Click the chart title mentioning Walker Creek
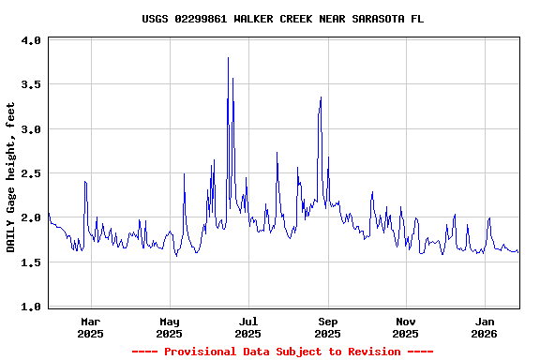(x=277, y=19)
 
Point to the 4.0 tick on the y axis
(x=31, y=41)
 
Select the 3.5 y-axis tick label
(x=31, y=85)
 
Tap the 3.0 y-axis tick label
(x=31, y=129)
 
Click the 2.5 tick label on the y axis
(x=31, y=173)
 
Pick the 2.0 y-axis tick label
(x=31, y=218)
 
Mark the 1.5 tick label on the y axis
(x=31, y=262)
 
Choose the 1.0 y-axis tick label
(x=31, y=307)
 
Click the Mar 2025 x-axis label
(x=91, y=327)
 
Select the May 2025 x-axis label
(x=170, y=327)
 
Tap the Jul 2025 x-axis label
(x=248, y=327)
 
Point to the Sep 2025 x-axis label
(x=328, y=327)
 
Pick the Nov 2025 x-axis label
(x=406, y=327)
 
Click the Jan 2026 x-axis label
(x=485, y=327)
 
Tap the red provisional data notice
(x=282, y=352)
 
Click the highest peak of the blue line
(x=228, y=58)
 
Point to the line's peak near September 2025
(x=321, y=97)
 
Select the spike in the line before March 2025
(x=84, y=181)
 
